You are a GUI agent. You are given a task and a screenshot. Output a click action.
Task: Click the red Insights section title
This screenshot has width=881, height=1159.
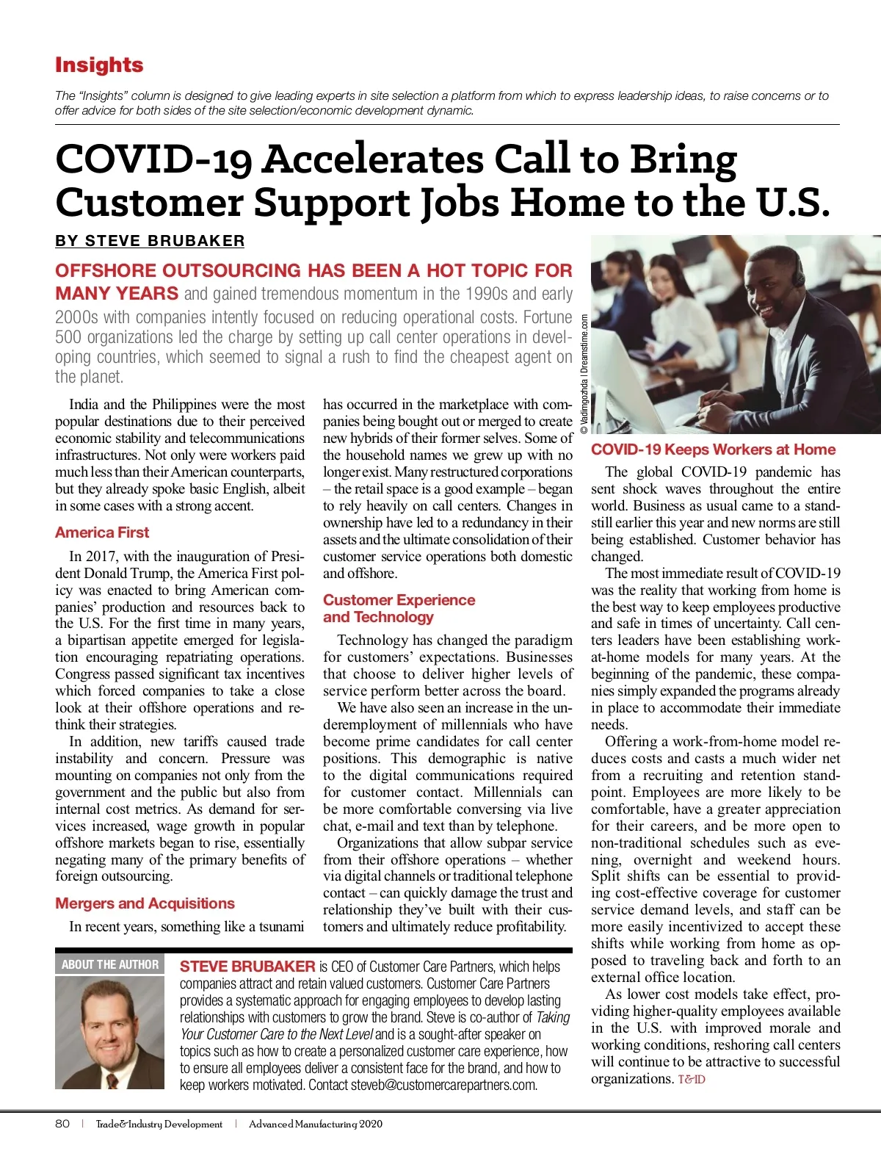[99, 65]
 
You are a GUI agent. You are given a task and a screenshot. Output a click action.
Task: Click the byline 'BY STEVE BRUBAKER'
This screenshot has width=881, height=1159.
[150, 241]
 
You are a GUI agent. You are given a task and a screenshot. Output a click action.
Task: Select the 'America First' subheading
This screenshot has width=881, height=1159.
[102, 532]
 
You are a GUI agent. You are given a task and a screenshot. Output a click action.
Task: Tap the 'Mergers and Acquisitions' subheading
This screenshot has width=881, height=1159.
[145, 903]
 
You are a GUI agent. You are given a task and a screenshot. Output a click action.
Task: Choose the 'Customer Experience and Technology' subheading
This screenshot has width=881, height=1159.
[399, 608]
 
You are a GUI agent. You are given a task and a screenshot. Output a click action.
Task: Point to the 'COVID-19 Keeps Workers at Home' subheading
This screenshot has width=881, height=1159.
[713, 449]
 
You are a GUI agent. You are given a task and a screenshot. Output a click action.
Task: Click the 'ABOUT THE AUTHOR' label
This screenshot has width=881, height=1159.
[110, 964]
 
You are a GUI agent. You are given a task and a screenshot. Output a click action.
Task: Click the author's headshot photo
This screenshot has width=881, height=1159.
[109, 1032]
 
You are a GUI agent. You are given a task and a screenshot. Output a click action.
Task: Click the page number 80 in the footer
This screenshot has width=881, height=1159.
[62, 1124]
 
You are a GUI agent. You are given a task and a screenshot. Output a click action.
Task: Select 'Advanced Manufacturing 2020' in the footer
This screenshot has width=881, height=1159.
[316, 1124]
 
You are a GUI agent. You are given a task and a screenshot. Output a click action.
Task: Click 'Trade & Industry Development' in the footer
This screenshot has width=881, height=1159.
[159, 1124]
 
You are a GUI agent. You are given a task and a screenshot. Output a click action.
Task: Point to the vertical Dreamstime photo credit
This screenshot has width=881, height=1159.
[584, 375]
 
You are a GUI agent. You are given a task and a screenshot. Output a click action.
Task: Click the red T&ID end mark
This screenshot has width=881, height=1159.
[692, 1080]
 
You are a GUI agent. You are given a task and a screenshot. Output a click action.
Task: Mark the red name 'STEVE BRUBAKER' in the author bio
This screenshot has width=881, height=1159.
[247, 967]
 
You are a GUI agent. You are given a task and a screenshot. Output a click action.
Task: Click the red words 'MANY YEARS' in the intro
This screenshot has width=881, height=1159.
[117, 294]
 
